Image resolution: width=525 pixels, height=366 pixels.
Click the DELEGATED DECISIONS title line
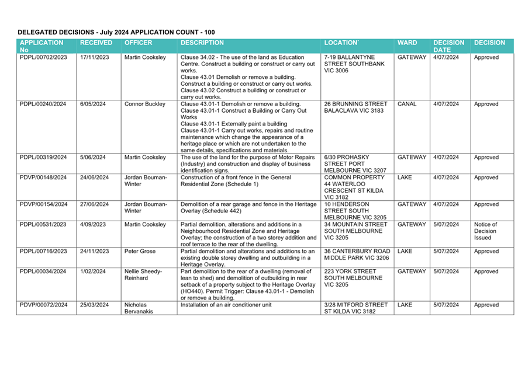click(116, 32)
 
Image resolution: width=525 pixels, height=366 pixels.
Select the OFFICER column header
click(139, 43)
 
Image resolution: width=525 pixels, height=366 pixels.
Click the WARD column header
click(407, 43)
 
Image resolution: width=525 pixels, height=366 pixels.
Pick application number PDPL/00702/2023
click(43, 58)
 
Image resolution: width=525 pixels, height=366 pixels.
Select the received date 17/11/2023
click(95, 58)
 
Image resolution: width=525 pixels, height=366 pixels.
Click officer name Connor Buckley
click(146, 104)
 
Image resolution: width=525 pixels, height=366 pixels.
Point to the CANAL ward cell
click(407, 104)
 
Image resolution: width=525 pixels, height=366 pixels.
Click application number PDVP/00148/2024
click(43, 177)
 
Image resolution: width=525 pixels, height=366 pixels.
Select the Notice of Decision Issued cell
click(485, 231)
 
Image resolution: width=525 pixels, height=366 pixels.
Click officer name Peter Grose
click(140, 251)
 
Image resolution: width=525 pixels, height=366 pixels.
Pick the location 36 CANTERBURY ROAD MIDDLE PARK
click(357, 255)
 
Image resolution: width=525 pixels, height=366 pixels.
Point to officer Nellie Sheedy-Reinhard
click(143, 275)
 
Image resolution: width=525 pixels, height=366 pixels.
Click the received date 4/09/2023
click(93, 224)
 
